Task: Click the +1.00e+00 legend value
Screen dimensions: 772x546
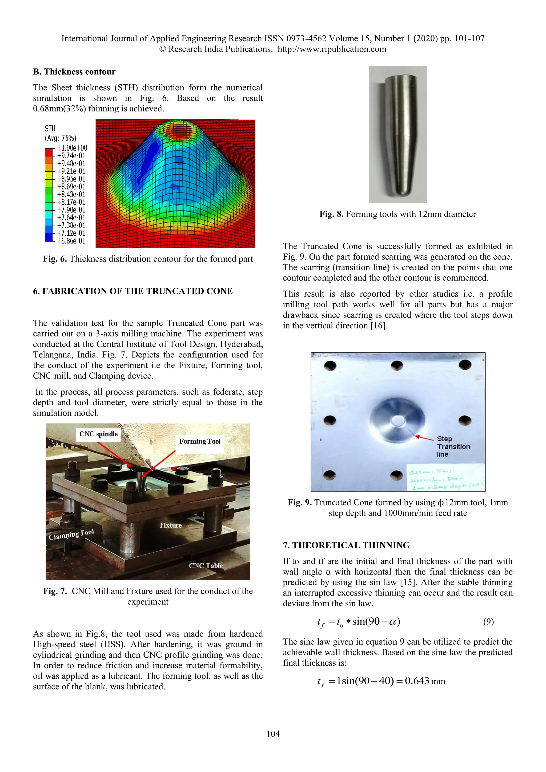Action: (x=72, y=148)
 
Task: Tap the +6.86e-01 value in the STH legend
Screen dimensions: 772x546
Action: (x=71, y=241)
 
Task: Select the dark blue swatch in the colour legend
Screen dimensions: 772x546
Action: (x=49, y=237)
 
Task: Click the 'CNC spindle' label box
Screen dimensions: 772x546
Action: (x=98, y=434)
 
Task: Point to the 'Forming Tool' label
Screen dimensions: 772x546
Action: (x=200, y=441)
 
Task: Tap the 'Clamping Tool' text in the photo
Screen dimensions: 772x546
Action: (x=71, y=534)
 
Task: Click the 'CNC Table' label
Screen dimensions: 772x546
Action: (x=206, y=566)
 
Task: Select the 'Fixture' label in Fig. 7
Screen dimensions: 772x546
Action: (x=171, y=525)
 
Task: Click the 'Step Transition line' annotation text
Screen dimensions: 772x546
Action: (x=453, y=447)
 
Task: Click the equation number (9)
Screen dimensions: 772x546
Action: (x=488, y=622)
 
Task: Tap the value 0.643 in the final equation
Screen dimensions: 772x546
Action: (x=417, y=681)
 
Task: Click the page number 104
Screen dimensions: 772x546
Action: (x=273, y=734)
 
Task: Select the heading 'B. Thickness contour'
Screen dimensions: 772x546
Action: (x=74, y=72)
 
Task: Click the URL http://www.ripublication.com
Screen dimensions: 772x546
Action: (x=332, y=49)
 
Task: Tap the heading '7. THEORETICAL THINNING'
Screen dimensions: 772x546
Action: (x=346, y=545)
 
